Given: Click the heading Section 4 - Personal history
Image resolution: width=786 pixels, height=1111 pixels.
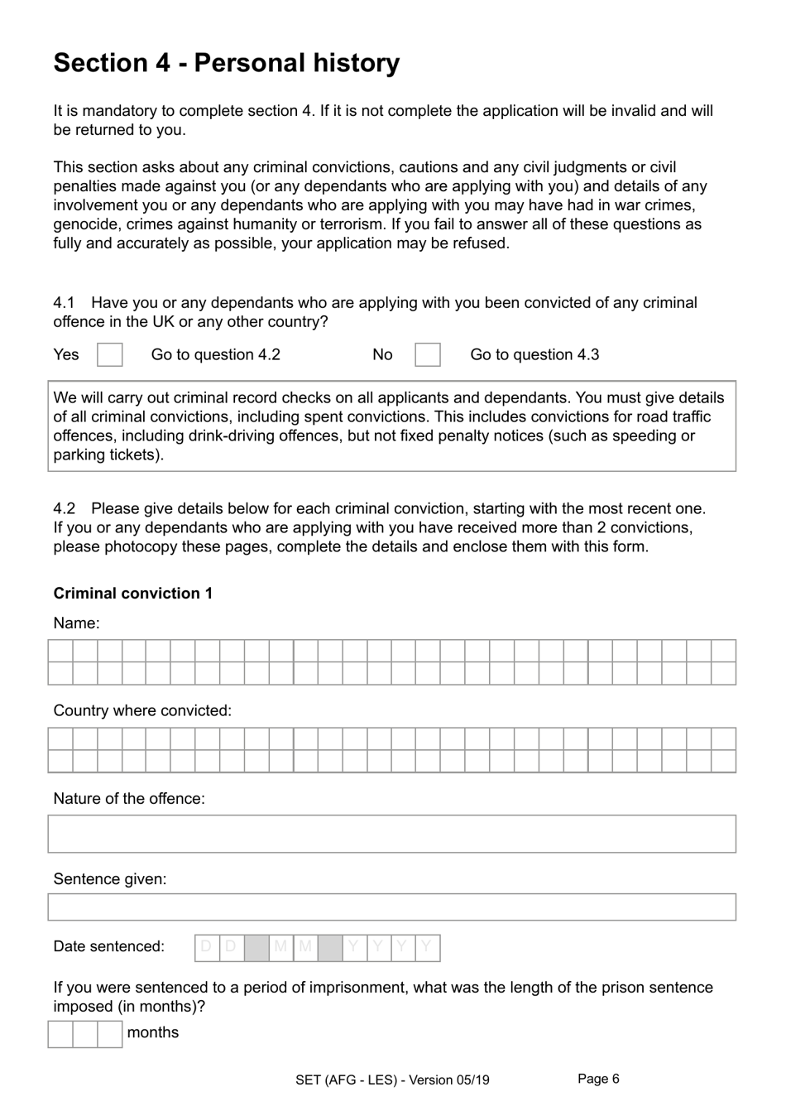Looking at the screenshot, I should point(226,63).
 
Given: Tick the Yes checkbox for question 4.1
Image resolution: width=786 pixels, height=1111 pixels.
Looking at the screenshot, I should point(109,355).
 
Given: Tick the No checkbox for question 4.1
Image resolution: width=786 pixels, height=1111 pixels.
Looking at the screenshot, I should point(427,355).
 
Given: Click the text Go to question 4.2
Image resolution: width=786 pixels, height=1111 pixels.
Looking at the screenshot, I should point(215,355).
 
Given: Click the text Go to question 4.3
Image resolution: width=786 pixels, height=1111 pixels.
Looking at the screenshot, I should point(534,355).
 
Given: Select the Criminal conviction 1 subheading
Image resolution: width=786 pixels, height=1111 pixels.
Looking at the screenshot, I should point(133,594).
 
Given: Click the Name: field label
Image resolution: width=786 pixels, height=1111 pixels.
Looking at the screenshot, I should point(76,623).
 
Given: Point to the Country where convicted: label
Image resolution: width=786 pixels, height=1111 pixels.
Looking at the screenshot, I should point(142,711).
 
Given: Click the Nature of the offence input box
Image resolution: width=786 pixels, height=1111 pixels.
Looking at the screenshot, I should point(391,834).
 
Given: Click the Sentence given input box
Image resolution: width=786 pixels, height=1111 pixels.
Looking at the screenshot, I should point(391,907).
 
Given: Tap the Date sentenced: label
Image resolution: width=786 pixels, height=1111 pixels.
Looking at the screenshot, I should point(108,947).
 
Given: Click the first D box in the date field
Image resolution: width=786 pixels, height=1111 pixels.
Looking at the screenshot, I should point(207,947).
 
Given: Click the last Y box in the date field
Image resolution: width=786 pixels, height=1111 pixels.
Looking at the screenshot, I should point(427,947).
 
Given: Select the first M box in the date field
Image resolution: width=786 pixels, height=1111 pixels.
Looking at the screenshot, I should point(280,947).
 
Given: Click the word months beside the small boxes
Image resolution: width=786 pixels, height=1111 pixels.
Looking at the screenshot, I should point(153,1033).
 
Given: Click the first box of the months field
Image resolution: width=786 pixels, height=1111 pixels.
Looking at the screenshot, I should point(60,1034).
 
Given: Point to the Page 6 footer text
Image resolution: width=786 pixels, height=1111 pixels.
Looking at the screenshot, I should point(598,1079).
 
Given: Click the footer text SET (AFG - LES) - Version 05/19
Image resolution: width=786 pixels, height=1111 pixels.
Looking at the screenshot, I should point(392,1080).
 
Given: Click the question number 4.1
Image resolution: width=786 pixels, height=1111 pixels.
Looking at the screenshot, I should point(64,303).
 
